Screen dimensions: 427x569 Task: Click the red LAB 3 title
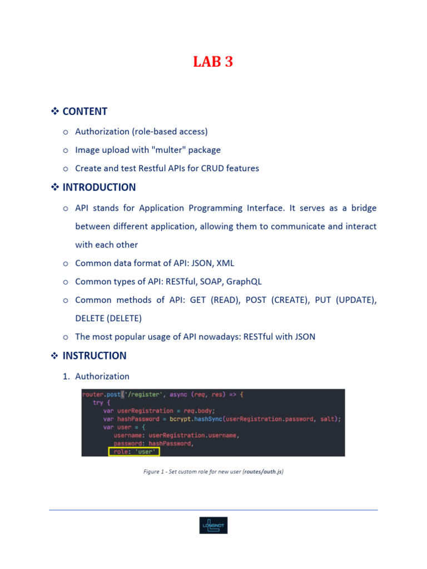(213, 62)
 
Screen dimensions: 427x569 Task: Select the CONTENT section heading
(85, 111)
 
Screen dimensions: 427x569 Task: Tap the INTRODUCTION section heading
(99, 187)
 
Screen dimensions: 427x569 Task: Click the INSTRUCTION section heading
(95, 356)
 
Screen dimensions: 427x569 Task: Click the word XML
(225, 263)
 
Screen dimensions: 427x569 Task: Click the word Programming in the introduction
(215, 208)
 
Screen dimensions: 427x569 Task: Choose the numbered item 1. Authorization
(96, 376)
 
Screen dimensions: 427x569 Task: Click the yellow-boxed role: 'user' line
(134, 452)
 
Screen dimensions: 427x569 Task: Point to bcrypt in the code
(180, 419)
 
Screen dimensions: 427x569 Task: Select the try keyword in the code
(98, 403)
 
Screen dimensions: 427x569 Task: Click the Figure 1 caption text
(213, 472)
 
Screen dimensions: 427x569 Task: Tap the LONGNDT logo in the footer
(213, 526)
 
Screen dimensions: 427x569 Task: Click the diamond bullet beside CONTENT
(55, 111)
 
